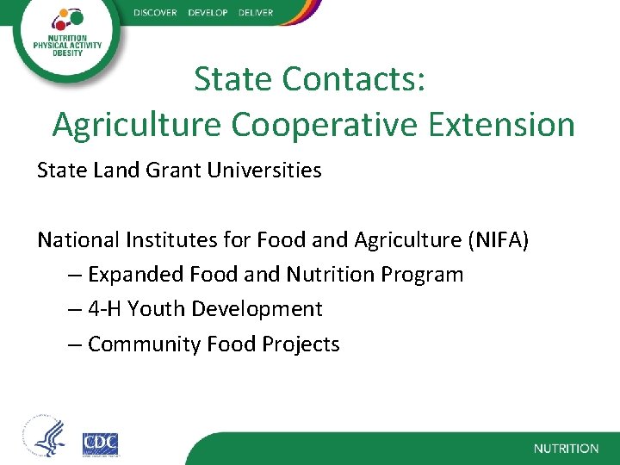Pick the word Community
point(144,344)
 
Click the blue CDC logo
point(100,443)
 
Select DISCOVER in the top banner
point(155,13)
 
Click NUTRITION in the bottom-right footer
point(566,449)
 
